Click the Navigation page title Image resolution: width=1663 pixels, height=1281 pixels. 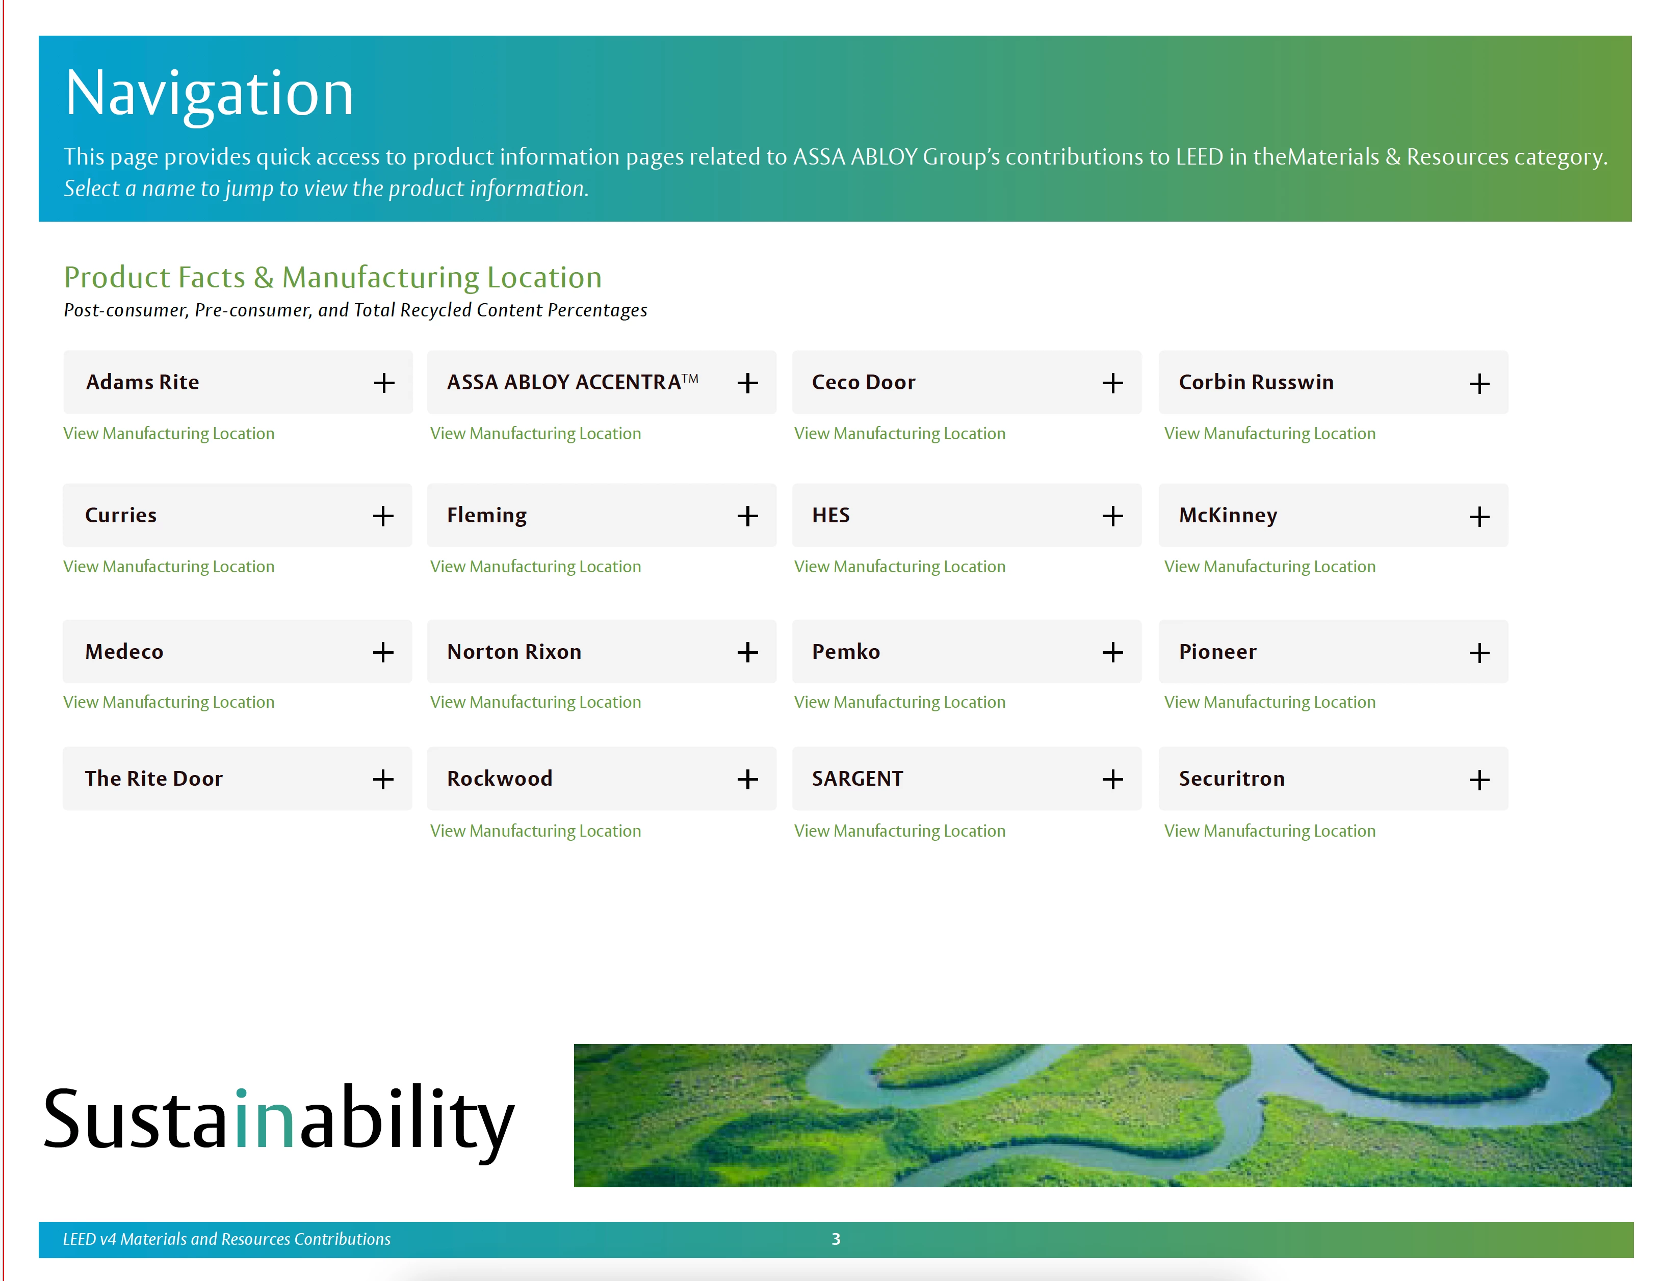coord(210,94)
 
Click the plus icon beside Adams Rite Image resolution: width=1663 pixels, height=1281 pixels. coord(384,383)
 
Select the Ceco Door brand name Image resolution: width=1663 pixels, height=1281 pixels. coord(864,382)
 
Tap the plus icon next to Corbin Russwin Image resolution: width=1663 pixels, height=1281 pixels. coord(1479,384)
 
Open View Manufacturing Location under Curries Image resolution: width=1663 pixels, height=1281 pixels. coord(169,566)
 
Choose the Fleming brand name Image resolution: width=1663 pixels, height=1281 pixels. coord(486,515)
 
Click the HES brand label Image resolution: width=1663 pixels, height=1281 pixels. coord(831,515)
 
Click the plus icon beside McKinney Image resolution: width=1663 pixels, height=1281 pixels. coord(1479,517)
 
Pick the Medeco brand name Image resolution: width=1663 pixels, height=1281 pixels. coord(124,652)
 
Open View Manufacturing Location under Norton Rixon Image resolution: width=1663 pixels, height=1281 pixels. coord(535,702)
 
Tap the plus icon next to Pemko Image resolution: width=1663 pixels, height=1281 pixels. coord(1112,652)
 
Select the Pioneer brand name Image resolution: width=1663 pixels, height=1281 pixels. coord(1217,652)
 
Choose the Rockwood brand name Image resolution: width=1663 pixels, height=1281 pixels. coord(500,779)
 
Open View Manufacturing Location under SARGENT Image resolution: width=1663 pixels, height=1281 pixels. coord(899,831)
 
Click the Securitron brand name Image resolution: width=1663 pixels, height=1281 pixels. coord(1231,779)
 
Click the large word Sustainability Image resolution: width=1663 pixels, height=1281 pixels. coord(279,1119)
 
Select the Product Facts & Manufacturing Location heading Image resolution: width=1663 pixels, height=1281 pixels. coord(333,278)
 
